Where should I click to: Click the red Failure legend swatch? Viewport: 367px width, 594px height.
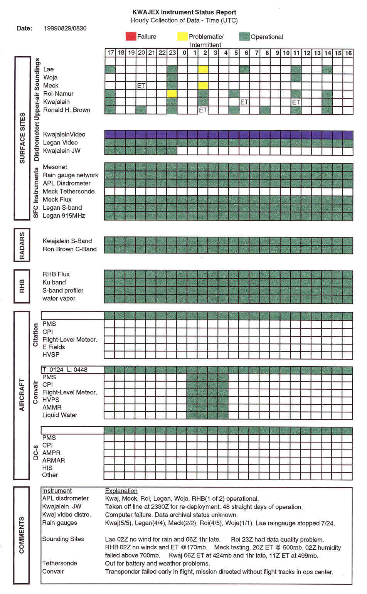coord(131,37)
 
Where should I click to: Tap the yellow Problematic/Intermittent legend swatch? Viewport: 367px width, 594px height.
coord(182,37)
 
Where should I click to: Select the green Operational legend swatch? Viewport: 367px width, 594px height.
coord(244,37)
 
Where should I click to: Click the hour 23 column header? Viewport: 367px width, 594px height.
coord(172,53)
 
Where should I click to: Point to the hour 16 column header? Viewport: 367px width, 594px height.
coord(348,53)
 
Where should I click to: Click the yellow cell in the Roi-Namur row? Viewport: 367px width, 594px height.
coord(172,94)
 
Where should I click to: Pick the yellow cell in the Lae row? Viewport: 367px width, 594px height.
coord(203,69)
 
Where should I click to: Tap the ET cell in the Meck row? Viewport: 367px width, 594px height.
coord(141,86)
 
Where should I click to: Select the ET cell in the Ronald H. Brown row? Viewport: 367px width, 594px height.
coord(203,110)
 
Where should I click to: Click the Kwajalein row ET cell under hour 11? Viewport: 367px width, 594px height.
coord(296,102)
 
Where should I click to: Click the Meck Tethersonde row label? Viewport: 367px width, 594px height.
coord(69,192)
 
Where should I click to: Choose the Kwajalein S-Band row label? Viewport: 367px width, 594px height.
coord(67,241)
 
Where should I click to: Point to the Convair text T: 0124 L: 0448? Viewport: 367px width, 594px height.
coord(65,370)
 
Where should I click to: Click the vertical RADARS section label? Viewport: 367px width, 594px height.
coord(22,246)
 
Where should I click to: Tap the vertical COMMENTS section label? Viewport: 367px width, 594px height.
coord(22,535)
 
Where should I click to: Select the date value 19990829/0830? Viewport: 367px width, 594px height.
coord(65,29)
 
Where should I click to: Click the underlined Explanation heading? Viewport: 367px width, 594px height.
coord(121,491)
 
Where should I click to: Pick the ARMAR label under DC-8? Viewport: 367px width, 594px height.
coord(54,461)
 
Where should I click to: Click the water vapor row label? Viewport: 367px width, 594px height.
coord(59,299)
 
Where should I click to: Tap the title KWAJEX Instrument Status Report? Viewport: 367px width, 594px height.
coord(184,12)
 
